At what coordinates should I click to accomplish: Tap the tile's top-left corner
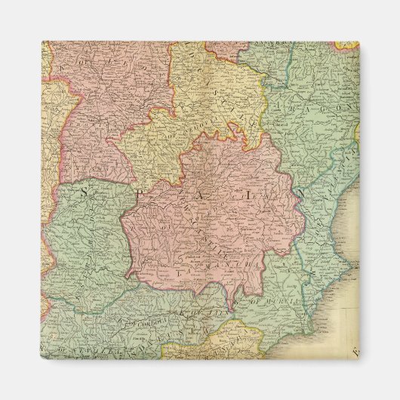pyautogui.click(x=42, y=42)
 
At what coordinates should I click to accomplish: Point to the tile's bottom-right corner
pyautogui.click(x=359, y=359)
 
